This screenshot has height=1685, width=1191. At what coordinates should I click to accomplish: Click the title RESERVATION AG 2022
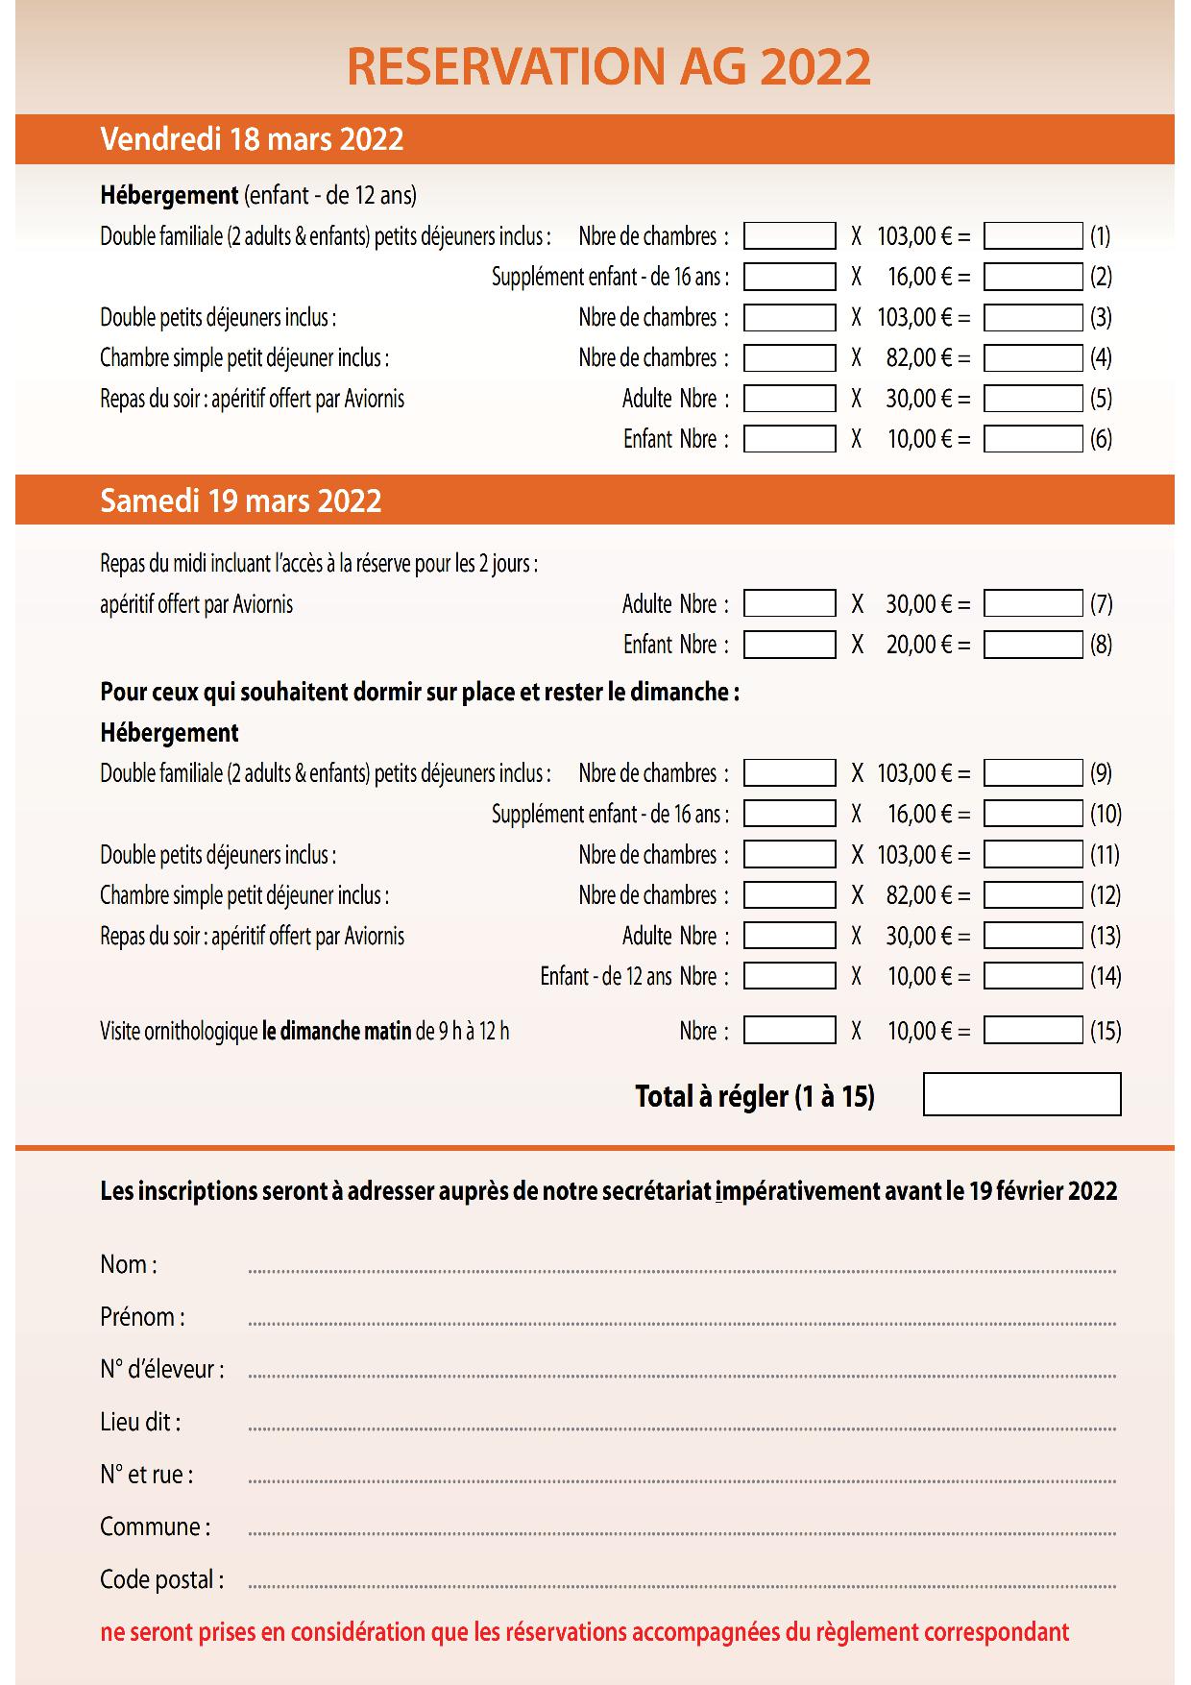coord(608,67)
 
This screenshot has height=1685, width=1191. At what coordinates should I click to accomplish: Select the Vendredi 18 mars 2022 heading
coord(252,139)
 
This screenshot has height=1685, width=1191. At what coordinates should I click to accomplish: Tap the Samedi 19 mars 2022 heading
coord(241,501)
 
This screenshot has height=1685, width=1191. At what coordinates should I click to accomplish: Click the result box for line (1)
coord(1033,236)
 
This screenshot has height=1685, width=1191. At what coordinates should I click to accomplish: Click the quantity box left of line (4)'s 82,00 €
coord(790,358)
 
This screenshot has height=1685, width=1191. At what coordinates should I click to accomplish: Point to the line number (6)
coord(1101,439)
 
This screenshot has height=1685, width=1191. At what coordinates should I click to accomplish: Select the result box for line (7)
coord(1033,604)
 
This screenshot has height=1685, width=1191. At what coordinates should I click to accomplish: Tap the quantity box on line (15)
coord(790,1031)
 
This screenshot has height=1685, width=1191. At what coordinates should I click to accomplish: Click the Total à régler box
coord(1022,1095)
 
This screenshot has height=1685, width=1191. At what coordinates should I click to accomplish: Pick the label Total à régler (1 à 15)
coord(755,1096)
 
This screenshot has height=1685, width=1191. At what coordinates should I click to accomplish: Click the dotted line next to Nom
coord(682,1271)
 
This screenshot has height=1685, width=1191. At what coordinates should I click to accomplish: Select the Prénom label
coord(142,1317)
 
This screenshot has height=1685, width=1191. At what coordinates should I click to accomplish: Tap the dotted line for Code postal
coord(682,1586)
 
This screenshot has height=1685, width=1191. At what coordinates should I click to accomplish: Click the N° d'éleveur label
coord(161,1369)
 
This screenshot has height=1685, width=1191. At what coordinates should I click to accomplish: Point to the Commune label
coord(155,1526)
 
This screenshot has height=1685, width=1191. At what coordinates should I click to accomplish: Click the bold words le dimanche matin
coord(336,1032)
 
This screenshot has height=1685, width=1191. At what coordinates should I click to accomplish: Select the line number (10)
coord(1106,815)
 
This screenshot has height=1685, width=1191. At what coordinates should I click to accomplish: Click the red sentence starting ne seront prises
coord(584,1632)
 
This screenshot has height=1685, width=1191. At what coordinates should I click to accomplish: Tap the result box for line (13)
coord(1033,936)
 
